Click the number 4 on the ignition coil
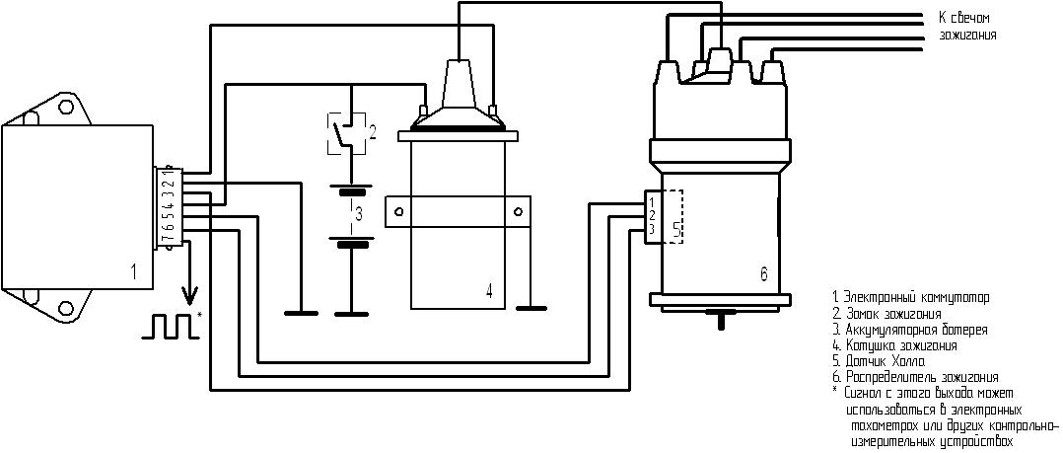[x=488, y=290]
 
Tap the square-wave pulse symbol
[x=168, y=325]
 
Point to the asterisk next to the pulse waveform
[x=200, y=315]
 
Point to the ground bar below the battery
[x=346, y=314]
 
